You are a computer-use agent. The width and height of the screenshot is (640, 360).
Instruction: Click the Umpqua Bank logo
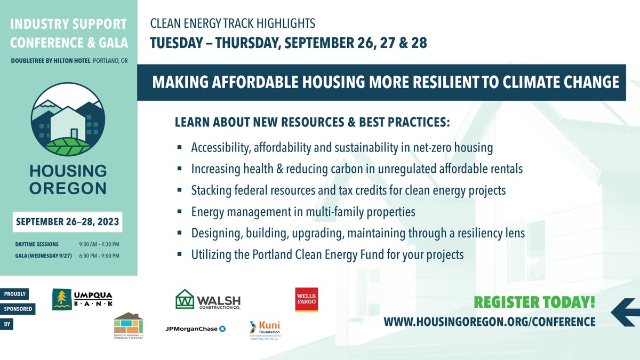(82, 299)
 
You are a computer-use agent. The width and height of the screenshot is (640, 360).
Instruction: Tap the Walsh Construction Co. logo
(208, 299)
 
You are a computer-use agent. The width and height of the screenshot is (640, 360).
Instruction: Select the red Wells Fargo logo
(307, 299)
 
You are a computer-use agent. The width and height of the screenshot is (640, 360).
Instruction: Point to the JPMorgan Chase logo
(195, 329)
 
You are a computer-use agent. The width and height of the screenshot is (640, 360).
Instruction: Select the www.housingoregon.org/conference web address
(490, 322)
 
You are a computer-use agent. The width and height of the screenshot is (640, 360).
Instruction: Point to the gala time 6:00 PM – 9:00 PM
(99, 255)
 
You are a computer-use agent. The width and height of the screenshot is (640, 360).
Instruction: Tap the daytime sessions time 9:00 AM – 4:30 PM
(99, 244)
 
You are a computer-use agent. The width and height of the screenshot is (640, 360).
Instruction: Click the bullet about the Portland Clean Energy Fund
(327, 255)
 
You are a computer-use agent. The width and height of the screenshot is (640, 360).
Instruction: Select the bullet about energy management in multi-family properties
(303, 212)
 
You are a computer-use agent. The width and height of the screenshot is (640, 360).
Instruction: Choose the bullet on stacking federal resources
(348, 190)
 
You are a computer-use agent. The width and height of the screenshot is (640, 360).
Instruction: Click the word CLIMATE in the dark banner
(539, 82)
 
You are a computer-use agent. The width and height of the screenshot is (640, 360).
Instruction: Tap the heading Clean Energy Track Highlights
(233, 24)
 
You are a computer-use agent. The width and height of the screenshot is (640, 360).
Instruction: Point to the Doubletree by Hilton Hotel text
(51, 60)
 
